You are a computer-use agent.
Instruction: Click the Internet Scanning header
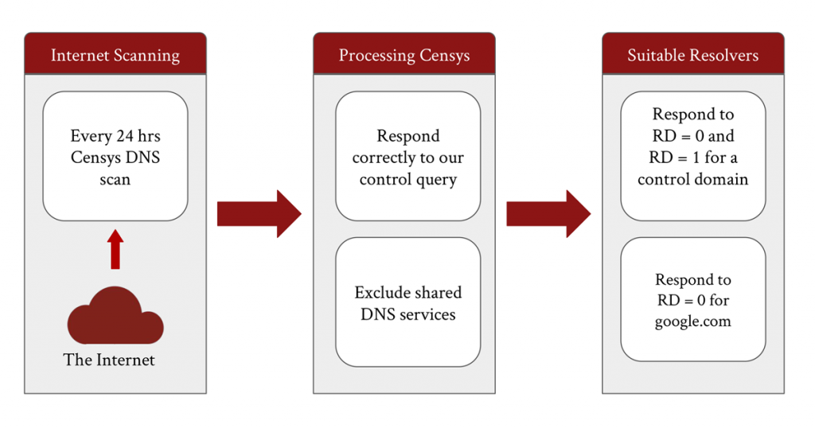pos(115,54)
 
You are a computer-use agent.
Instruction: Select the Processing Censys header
pos(404,54)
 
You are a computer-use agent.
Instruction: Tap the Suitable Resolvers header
pos(693,54)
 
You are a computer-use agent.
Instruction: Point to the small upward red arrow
pos(115,249)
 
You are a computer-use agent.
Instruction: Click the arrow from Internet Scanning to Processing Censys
pos(259,213)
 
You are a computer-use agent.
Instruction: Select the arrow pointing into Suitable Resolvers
pos(548,213)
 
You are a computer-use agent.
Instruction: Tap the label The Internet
pos(109,360)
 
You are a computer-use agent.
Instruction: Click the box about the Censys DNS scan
pos(115,157)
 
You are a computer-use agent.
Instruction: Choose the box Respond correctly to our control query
pos(408,157)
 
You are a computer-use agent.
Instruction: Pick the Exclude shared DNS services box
pos(408,302)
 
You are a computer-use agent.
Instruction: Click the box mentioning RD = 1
pos(693,157)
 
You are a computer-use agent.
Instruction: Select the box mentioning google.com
pos(693,299)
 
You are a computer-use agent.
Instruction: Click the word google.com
pos(693,321)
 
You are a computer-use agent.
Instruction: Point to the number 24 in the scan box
pos(125,136)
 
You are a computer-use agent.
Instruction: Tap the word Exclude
pos(380,293)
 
